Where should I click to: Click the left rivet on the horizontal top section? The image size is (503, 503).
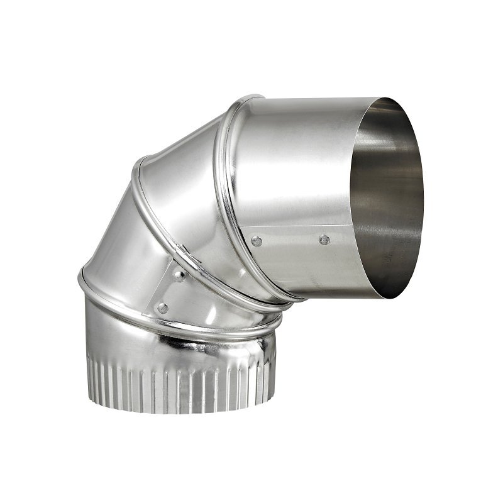[257, 241]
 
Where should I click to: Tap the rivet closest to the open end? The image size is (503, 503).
[324, 240]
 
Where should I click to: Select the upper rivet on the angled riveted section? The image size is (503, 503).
[180, 275]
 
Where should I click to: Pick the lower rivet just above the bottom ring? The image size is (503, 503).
[163, 308]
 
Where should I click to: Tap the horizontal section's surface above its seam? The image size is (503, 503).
[296, 163]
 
